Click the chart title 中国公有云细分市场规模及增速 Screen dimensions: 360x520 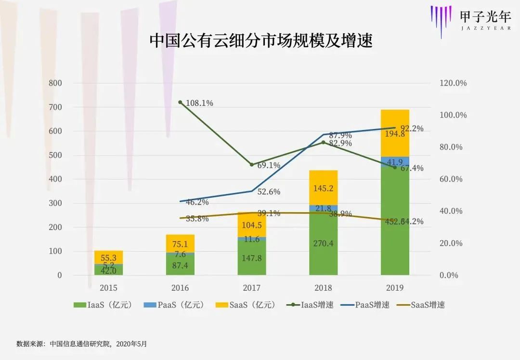260,40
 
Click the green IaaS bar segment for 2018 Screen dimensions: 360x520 323,244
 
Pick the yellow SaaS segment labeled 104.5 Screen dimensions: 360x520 251,224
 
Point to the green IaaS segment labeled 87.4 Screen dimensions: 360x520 180,264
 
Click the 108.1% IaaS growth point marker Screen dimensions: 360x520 180,103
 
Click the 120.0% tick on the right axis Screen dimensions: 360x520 453,83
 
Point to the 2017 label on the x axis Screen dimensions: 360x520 251,288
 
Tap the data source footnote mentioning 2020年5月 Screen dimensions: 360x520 81,344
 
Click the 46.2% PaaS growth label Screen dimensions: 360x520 197,202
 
